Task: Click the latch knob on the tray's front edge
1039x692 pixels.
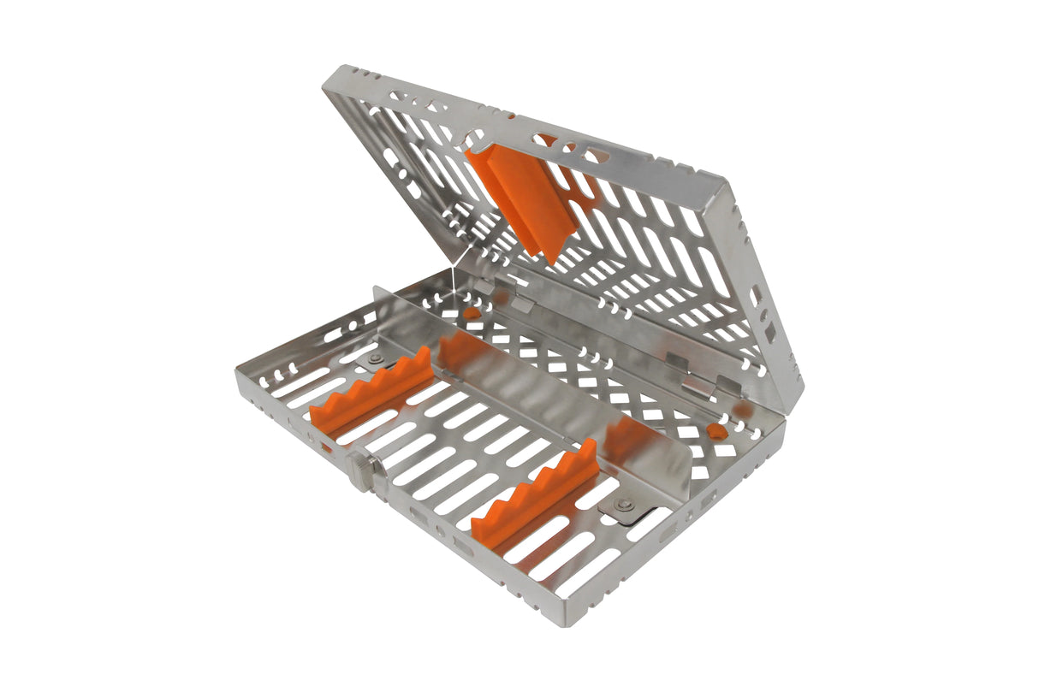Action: [x=360, y=471]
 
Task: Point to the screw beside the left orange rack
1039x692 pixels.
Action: [x=374, y=359]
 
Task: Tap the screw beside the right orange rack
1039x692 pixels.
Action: [x=623, y=505]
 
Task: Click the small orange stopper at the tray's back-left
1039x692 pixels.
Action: [x=472, y=312]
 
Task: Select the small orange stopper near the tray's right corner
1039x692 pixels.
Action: [x=717, y=431]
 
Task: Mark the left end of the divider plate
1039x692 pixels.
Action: [x=376, y=295]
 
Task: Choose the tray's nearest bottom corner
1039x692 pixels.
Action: [x=561, y=620]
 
